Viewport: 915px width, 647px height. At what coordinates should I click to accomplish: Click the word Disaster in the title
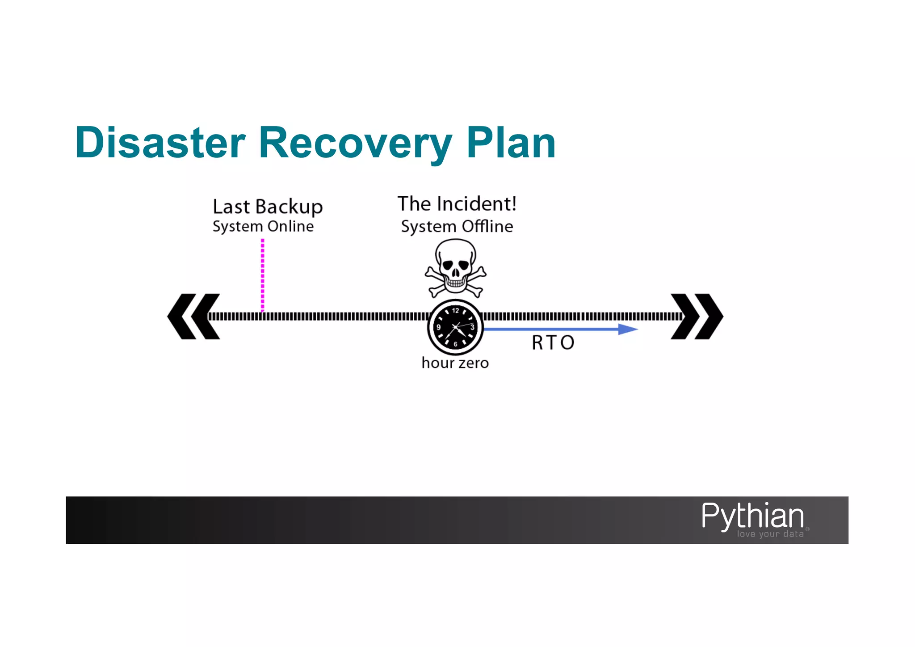tap(160, 143)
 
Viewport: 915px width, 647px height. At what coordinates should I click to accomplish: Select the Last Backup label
tap(267, 207)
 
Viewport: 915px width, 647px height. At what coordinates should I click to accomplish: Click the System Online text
tap(263, 227)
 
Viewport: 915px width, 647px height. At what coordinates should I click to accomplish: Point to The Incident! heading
tap(457, 204)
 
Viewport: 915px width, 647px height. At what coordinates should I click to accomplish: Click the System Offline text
tap(457, 227)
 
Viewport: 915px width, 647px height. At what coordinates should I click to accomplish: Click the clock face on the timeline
tap(455, 327)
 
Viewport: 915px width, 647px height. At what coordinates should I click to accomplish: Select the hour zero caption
tap(455, 363)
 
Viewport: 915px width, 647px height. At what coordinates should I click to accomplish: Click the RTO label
tap(553, 343)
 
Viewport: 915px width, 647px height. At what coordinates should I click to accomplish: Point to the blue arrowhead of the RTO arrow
tap(628, 330)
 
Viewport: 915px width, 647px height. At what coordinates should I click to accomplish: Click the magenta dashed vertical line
tap(262, 275)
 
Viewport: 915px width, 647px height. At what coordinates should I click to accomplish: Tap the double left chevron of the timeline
tap(193, 317)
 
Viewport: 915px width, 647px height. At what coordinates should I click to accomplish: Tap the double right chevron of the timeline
tap(697, 317)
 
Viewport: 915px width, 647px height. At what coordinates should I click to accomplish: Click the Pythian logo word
tap(752, 516)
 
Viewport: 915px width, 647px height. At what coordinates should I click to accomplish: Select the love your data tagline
tap(770, 534)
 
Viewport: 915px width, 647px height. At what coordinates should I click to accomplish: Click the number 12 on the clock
tap(455, 310)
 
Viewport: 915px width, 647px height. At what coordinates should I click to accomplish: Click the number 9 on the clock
tap(438, 327)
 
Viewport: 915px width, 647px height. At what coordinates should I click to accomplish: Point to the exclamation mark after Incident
tap(514, 204)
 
